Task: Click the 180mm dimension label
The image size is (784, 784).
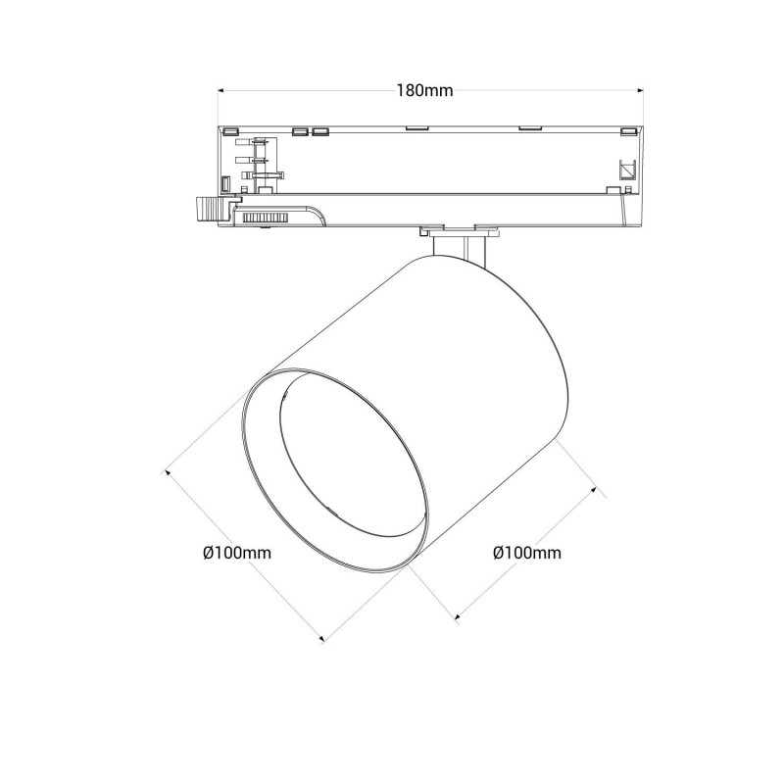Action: coord(424,90)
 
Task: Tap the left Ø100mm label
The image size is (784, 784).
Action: coord(236,553)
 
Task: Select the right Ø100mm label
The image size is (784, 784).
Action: coord(526,553)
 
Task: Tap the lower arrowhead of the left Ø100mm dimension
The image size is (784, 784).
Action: coord(321,639)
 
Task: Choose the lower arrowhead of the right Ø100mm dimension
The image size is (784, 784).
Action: coord(458,617)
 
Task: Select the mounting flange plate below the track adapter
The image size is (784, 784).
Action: coord(457,231)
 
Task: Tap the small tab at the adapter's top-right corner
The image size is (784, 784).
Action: coord(626,129)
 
